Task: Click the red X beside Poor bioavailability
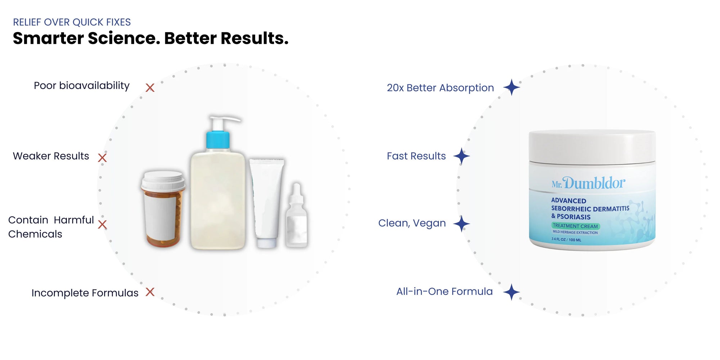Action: pyautogui.click(x=150, y=87)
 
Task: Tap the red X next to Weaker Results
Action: pyautogui.click(x=102, y=157)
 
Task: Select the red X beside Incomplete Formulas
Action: pyautogui.click(x=150, y=292)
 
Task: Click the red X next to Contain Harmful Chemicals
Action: pyautogui.click(x=102, y=225)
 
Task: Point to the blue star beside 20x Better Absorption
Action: pyautogui.click(x=512, y=87)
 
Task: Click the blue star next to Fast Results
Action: pyautogui.click(x=462, y=156)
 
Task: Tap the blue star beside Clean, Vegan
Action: pyautogui.click(x=462, y=224)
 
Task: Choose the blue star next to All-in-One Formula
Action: pyautogui.click(x=512, y=292)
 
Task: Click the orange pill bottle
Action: pyautogui.click(x=163, y=209)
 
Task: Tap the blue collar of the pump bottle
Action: pyautogui.click(x=218, y=140)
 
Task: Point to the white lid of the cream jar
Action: pyautogui.click(x=592, y=147)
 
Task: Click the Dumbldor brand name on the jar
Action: pyautogui.click(x=594, y=183)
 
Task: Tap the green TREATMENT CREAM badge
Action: pyautogui.click(x=575, y=226)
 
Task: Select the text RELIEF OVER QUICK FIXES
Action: pyautogui.click(x=72, y=22)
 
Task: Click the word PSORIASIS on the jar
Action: pyautogui.click(x=573, y=217)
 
